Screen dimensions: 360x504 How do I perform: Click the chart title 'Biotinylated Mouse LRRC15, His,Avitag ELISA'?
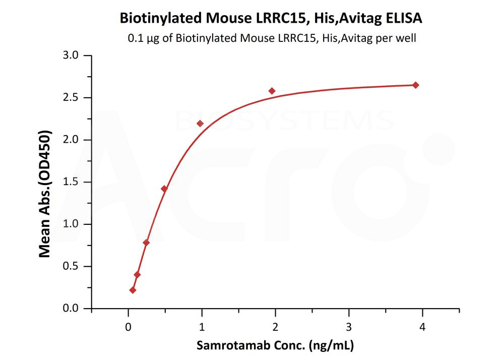271,19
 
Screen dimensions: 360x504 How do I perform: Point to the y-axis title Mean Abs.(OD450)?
45,194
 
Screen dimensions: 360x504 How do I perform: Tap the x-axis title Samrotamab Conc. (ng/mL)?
275,345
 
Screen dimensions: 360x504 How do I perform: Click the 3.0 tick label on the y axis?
73,55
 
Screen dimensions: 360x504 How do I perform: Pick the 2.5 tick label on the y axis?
73,98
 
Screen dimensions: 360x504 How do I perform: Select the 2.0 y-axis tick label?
73,140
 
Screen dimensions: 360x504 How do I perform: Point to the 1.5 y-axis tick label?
73,182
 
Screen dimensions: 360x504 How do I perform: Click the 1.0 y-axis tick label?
73,224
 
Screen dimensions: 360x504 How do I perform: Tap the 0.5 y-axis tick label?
73,267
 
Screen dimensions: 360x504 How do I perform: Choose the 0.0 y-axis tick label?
73,309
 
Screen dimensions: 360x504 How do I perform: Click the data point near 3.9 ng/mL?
416,85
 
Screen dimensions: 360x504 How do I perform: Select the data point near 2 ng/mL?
272,91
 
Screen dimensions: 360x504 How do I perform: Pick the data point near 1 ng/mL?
200,124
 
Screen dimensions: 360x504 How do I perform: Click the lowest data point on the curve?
133,290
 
